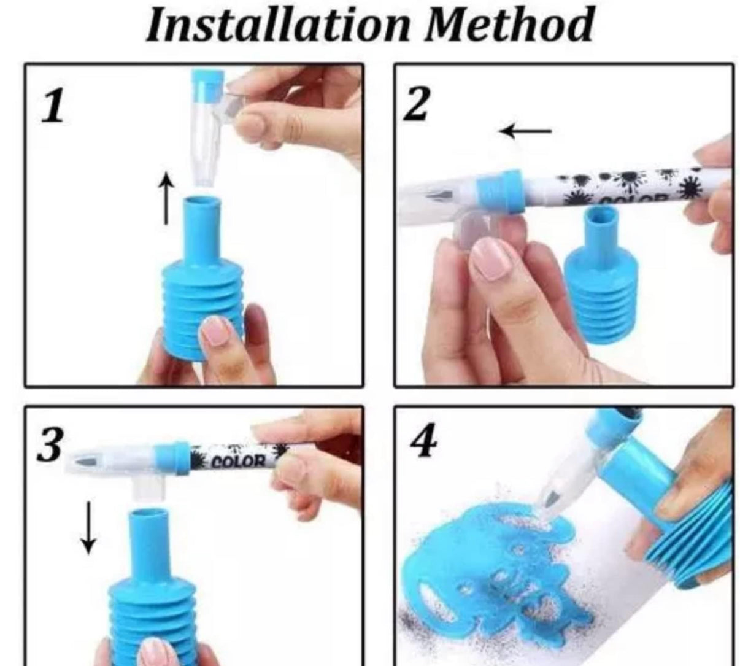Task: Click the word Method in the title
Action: (509, 25)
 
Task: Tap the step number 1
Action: (53, 106)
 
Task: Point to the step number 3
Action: (50, 444)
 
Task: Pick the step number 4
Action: (424, 439)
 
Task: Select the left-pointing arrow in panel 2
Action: (525, 131)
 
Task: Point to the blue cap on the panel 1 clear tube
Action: (207, 87)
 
